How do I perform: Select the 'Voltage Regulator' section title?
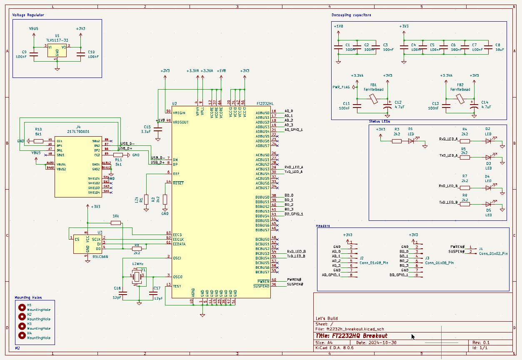(28, 15)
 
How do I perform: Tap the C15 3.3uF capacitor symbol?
(158, 130)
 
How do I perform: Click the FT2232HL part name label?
(265, 103)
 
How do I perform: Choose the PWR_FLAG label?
(341, 87)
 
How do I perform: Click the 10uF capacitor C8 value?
(500, 50)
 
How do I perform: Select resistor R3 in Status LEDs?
(397, 141)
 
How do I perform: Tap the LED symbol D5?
(488, 204)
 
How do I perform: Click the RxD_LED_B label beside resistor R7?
(448, 186)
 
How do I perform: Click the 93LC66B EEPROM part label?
(100, 257)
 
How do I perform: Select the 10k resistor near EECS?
(116, 223)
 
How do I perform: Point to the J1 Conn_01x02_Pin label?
(493, 253)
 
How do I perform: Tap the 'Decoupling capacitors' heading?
(351, 15)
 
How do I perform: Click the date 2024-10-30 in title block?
(382, 342)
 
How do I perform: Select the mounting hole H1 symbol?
(22, 307)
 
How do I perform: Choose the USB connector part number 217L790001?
(78, 131)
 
